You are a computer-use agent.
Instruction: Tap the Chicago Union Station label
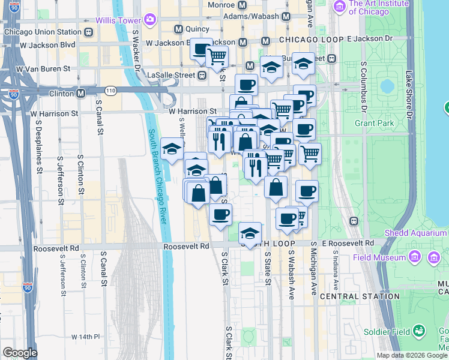(42, 32)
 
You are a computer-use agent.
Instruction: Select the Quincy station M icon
(178, 29)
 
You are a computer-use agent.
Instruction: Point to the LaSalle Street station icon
(202, 75)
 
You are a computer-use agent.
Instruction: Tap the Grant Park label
(374, 124)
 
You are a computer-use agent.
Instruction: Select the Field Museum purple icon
(414, 257)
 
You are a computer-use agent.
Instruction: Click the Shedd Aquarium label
(415, 233)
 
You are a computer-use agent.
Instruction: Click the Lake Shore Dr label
(410, 94)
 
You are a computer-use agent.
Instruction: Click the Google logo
(19, 353)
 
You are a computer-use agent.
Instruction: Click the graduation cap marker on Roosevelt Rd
(250, 234)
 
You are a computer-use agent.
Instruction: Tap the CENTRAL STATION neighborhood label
(352, 296)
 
